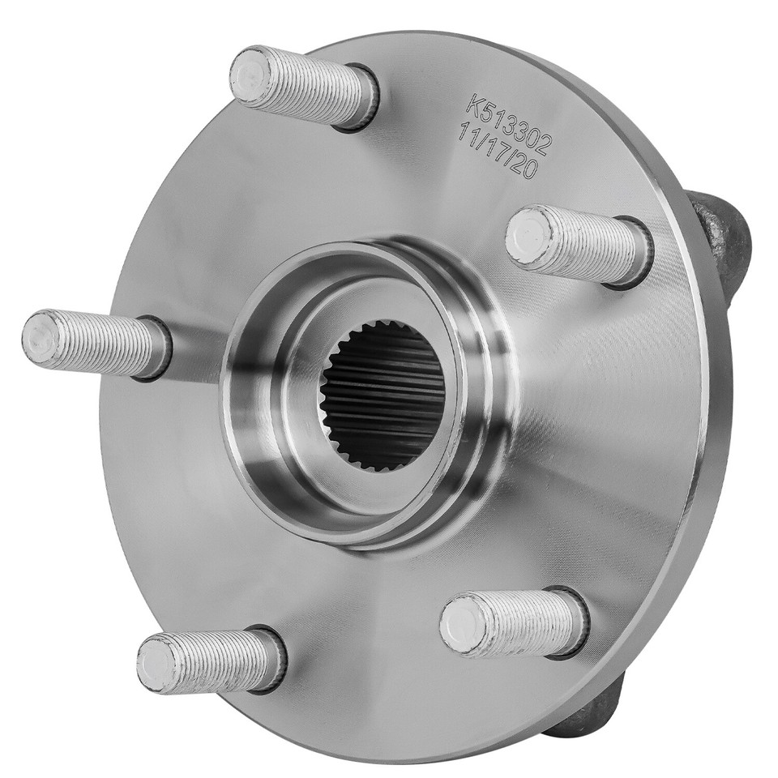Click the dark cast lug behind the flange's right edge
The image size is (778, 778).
721,235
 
